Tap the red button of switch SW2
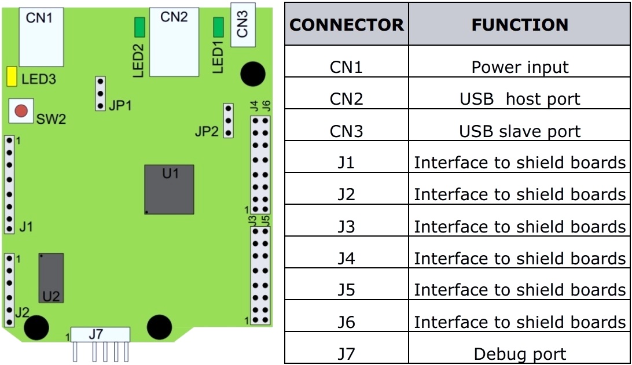click(21, 110)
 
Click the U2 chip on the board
click(52, 278)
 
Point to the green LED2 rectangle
click(140, 27)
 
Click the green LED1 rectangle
click(219, 27)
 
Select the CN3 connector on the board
click(242, 24)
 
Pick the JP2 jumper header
click(228, 121)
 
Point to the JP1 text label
click(120, 106)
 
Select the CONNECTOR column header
click(346, 25)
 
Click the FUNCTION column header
click(519, 25)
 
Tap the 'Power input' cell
click(519, 68)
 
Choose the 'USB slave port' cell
click(519, 131)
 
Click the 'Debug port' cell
click(519, 353)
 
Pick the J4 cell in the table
click(346, 258)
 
